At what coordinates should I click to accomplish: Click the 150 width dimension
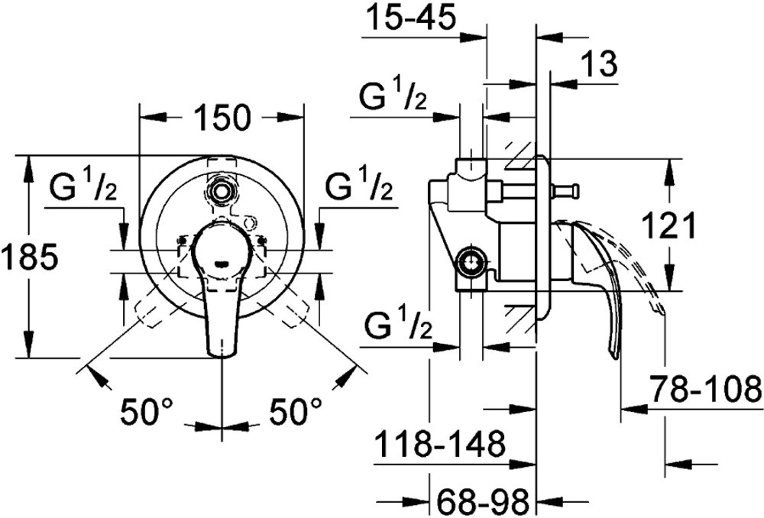click(x=222, y=118)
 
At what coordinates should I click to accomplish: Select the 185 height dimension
click(x=29, y=257)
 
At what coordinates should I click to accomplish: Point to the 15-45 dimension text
click(x=411, y=18)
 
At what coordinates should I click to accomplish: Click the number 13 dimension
click(x=599, y=63)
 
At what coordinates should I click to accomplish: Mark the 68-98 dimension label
click(x=482, y=501)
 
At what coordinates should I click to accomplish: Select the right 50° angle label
click(x=296, y=411)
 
